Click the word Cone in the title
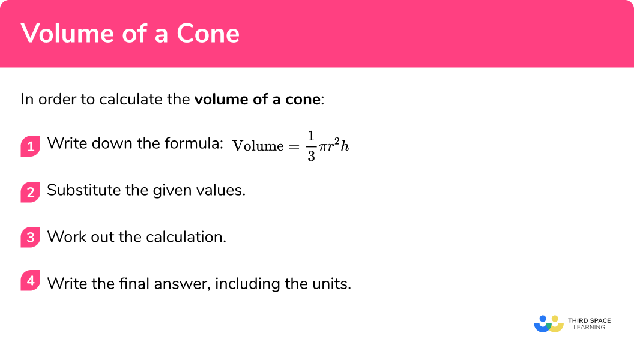(x=208, y=34)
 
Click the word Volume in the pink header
(x=64, y=34)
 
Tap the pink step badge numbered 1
(x=31, y=146)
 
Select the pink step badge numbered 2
(x=31, y=192)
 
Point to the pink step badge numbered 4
(x=31, y=281)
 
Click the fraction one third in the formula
(x=311, y=146)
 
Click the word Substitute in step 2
(x=79, y=191)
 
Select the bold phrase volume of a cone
(x=258, y=99)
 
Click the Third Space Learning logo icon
(x=549, y=324)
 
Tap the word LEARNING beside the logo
(x=588, y=328)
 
